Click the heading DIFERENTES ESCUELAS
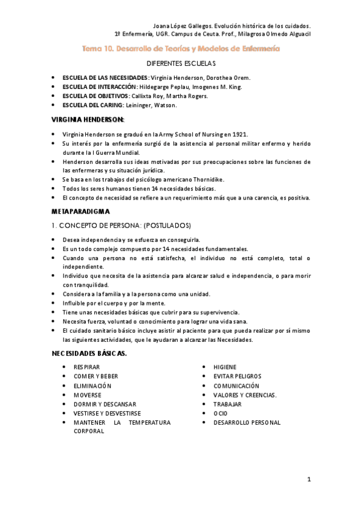(x=181, y=64)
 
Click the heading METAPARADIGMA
(x=80, y=212)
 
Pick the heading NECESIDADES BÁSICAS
(x=89, y=353)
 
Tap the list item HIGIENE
(x=225, y=367)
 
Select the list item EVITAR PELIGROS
(x=237, y=376)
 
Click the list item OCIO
(x=220, y=413)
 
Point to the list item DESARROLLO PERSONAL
(x=247, y=422)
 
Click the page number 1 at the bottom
(x=308, y=480)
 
